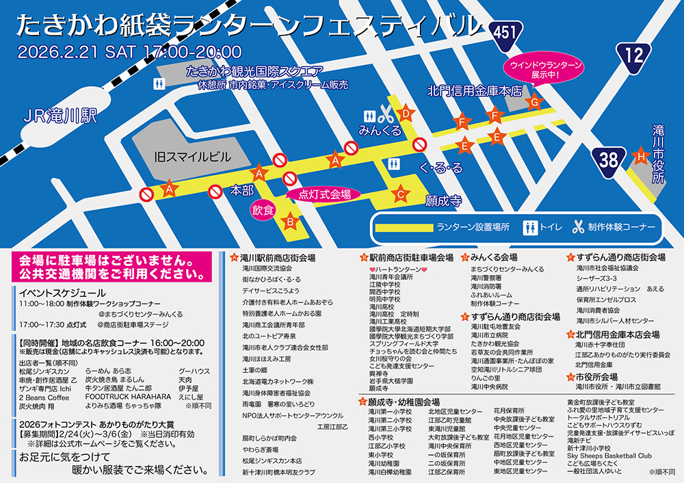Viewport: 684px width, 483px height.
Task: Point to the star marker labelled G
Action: tap(533, 102)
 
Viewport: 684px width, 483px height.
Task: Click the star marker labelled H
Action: tap(640, 157)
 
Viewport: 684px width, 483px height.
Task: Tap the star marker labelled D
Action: tap(406, 113)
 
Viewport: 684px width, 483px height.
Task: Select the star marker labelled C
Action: tap(401, 194)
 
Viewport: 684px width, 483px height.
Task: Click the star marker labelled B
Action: tap(290, 221)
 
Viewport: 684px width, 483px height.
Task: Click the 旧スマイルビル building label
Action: tap(192, 157)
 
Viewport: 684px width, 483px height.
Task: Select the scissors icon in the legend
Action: tap(577, 227)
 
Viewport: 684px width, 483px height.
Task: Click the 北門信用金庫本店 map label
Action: tap(475, 90)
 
